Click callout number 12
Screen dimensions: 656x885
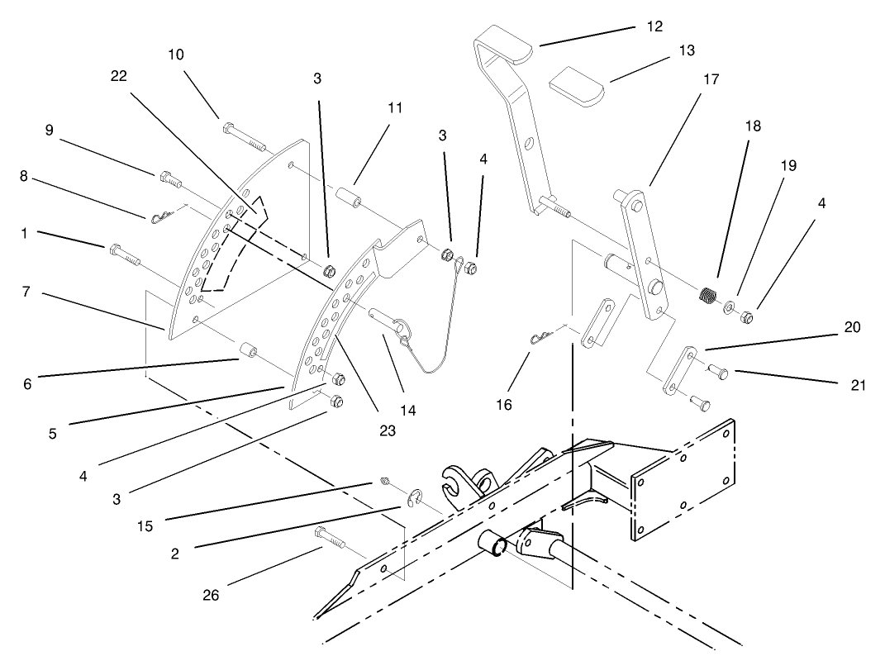[654, 26]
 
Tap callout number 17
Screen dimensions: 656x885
[711, 80]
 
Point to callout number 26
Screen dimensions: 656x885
[211, 595]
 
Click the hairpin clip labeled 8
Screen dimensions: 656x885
[162, 217]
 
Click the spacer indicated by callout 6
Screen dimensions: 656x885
[245, 354]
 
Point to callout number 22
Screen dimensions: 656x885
[119, 75]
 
